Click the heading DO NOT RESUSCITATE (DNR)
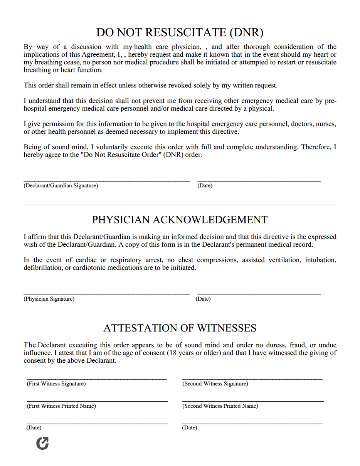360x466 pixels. click(x=180, y=32)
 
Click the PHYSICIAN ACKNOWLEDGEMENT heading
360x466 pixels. click(x=180, y=220)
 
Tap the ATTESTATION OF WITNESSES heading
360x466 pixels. click(x=180, y=328)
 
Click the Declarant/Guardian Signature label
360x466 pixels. click(x=61, y=186)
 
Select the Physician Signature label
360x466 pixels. click(x=49, y=299)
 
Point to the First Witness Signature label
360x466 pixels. click(x=56, y=384)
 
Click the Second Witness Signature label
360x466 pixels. click(x=215, y=384)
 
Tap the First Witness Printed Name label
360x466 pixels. click(x=61, y=406)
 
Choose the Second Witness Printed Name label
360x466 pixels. click(x=220, y=406)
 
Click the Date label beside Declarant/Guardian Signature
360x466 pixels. click(x=205, y=186)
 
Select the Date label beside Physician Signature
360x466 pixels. click(x=203, y=299)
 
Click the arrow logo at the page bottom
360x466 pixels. click(x=42, y=444)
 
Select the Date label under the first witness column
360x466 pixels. click(x=34, y=428)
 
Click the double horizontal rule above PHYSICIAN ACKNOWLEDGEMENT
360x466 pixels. click(x=180, y=205)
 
